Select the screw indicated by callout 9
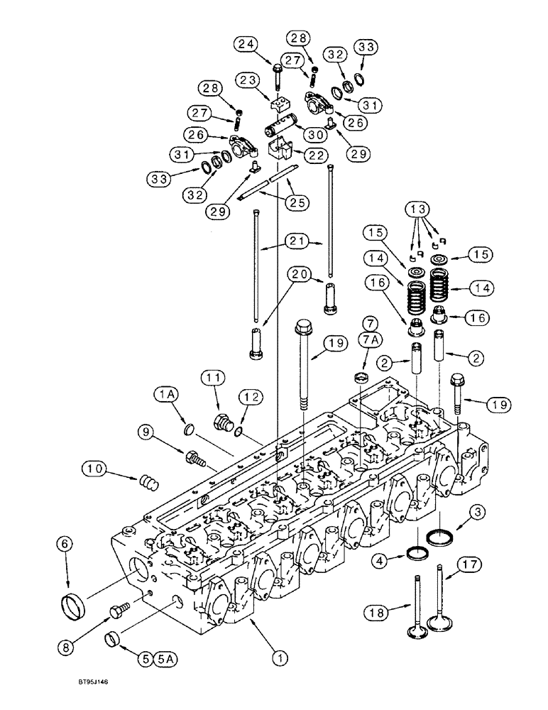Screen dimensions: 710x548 [x=196, y=458]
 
